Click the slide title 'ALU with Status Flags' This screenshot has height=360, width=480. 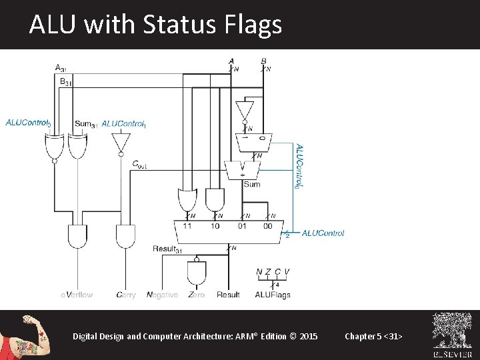pos(155,25)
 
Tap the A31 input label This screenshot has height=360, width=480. pos(61,68)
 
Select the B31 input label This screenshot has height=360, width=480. pos(65,81)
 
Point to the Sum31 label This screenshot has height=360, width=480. pos(86,123)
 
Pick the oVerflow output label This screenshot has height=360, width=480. pos(77,295)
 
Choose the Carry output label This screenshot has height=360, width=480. pos(126,295)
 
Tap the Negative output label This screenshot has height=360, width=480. pos(162,295)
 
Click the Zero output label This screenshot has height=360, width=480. pos(196,295)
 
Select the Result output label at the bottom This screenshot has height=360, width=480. pos(228,295)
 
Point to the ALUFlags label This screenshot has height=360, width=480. pos(272,295)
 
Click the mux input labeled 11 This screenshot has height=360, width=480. pos(187,226)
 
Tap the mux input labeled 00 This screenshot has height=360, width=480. pos(267,226)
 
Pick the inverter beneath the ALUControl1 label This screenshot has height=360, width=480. pos(121,142)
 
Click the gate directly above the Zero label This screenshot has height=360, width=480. pos(197,272)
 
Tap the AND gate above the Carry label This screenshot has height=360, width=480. pos(126,237)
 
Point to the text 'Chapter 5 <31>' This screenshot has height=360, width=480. pos(373,336)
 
